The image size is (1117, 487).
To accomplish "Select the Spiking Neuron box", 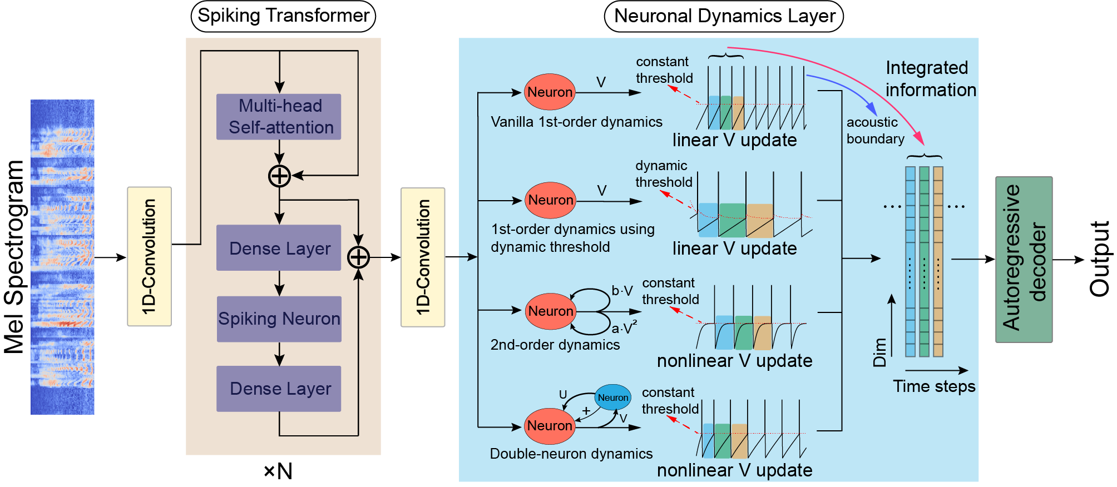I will [279, 319].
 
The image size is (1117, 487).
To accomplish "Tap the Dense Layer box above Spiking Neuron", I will [279, 248].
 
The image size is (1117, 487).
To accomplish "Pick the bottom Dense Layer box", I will [279, 389].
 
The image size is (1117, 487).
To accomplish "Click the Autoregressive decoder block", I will [1024, 259].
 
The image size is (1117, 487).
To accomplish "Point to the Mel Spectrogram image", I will [62, 257].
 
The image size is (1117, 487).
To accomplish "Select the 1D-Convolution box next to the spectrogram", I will [149, 256].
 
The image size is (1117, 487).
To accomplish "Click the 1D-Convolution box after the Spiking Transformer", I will [423, 257].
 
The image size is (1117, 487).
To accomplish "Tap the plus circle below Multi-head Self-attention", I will [279, 176].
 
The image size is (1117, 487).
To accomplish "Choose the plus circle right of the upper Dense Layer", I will [358, 257].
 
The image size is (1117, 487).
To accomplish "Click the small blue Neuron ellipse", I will [613, 397].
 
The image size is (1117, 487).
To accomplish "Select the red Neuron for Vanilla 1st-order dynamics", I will [550, 92].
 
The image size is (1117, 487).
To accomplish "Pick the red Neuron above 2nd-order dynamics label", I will [550, 311].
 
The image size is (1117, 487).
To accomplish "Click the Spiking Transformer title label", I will [283, 16].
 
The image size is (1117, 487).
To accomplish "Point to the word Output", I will [1099, 259].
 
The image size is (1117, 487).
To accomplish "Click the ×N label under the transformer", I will [278, 471].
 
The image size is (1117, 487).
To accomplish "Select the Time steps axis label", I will [934, 386].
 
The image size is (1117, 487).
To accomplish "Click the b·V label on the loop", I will [622, 291].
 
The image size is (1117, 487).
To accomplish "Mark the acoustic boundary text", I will [875, 131].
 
